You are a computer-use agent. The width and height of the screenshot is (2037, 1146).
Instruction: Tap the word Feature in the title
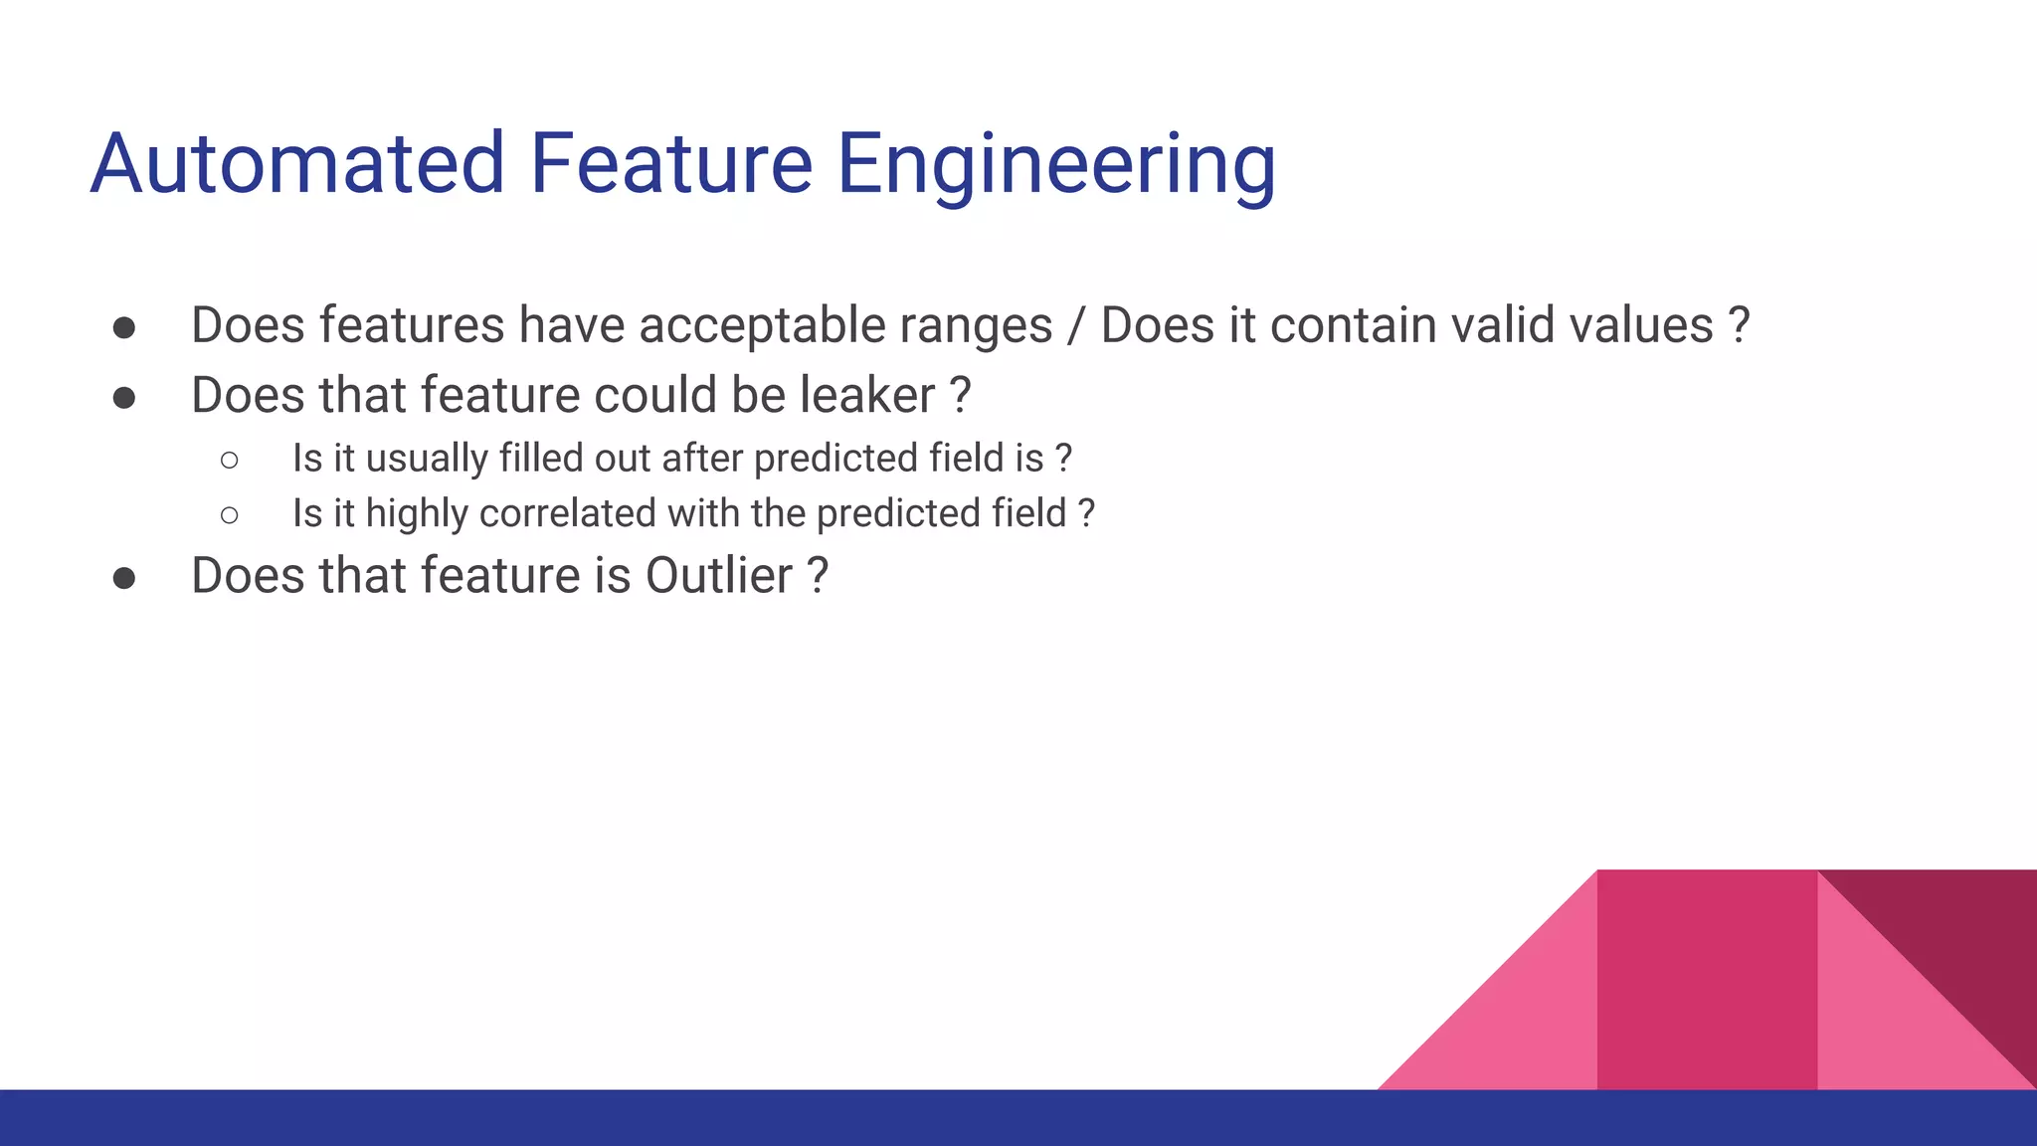point(671,164)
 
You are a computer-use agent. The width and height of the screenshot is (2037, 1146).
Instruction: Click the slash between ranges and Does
point(1076,326)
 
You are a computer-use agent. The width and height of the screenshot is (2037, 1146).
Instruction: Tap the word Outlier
point(719,576)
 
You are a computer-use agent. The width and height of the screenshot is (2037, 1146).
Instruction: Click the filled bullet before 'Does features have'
point(124,328)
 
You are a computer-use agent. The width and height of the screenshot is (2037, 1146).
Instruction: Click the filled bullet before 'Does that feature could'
point(124,398)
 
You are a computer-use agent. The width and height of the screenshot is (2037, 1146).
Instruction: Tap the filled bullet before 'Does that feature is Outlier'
point(124,578)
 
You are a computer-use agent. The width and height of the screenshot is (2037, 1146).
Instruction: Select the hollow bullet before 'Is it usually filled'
point(230,460)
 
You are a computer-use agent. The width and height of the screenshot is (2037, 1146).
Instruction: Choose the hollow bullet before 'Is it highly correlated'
point(230,515)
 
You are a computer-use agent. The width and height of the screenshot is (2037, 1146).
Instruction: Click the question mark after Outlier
point(817,576)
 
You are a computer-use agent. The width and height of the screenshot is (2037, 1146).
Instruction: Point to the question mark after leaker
point(960,396)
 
